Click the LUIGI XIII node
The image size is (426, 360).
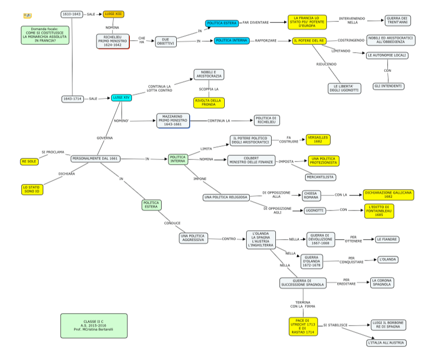pyautogui.click(x=113, y=14)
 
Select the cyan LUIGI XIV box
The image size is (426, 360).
pyautogui.click(x=121, y=97)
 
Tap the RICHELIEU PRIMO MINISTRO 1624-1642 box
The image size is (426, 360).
pyautogui.click(x=112, y=41)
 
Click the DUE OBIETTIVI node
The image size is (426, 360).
pyautogui.click(x=166, y=42)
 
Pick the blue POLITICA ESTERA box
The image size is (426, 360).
pyautogui.click(x=222, y=23)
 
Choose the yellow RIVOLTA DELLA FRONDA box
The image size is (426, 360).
pyautogui.click(x=209, y=102)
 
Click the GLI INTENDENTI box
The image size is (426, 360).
pyautogui.click(x=388, y=85)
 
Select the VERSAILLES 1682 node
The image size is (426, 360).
pyautogui.click(x=318, y=139)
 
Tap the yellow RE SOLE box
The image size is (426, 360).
pyautogui.click(x=29, y=162)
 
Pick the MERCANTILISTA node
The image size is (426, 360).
pyautogui.click(x=320, y=177)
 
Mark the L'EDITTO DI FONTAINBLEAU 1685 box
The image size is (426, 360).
pyautogui.click(x=379, y=210)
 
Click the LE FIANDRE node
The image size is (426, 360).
pyautogui.click(x=387, y=239)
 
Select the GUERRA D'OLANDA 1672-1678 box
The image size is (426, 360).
pyautogui.click(x=311, y=261)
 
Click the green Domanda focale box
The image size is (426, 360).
pyautogui.click(x=45, y=34)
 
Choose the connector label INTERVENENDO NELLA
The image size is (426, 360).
pyautogui.click(x=352, y=20)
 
